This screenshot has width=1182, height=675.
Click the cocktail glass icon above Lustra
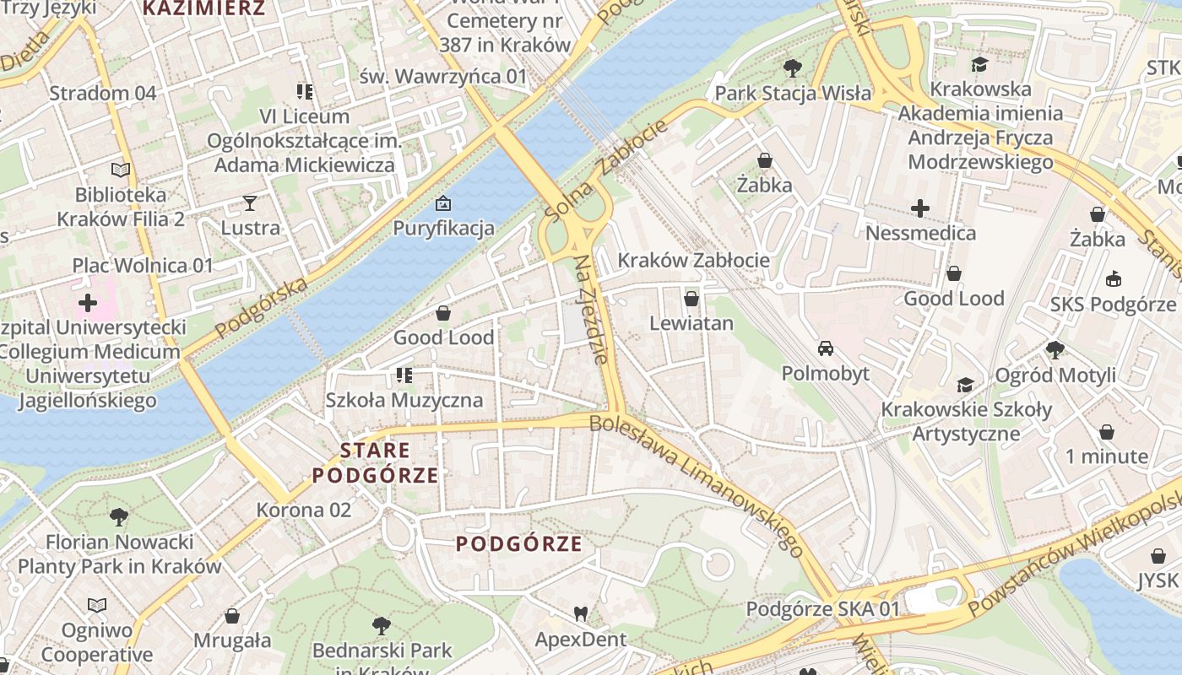click(x=250, y=202)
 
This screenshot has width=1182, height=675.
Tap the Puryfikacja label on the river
click(x=443, y=228)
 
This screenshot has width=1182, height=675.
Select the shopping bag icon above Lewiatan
click(x=691, y=299)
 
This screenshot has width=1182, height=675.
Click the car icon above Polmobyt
click(x=825, y=348)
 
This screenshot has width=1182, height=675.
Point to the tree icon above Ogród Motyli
click(x=1055, y=349)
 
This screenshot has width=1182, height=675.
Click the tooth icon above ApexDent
click(x=580, y=613)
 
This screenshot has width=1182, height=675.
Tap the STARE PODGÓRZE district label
click(x=376, y=462)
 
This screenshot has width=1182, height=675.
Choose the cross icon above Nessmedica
click(x=920, y=208)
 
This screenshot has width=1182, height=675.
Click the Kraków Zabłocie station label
click(x=693, y=260)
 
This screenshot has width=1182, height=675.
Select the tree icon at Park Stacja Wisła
click(x=792, y=67)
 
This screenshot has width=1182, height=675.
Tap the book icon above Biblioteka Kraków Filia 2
click(x=121, y=170)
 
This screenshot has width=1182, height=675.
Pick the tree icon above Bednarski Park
click(x=382, y=625)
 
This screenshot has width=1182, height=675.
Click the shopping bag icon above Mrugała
click(x=232, y=615)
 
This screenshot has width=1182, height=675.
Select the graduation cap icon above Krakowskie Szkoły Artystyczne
click(x=966, y=385)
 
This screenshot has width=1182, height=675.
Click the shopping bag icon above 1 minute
click(x=1106, y=432)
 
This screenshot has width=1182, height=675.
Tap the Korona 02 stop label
click(x=303, y=510)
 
